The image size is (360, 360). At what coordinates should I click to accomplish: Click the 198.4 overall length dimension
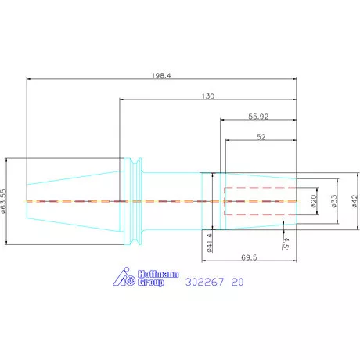pos(161,76)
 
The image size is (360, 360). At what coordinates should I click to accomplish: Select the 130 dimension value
pos(208,96)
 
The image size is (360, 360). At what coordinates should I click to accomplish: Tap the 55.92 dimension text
pos(258,117)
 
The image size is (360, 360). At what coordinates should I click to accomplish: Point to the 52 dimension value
pos(261,137)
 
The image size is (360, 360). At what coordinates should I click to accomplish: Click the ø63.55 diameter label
pos(3,201)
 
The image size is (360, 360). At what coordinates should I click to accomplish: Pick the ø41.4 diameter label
pos(210,243)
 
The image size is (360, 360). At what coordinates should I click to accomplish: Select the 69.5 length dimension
pos(249,257)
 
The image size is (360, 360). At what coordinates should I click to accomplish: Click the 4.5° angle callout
pos(286,243)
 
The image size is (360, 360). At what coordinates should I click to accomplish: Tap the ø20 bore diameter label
pos(314,201)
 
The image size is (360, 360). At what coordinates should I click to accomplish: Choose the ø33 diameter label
pos(334,201)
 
